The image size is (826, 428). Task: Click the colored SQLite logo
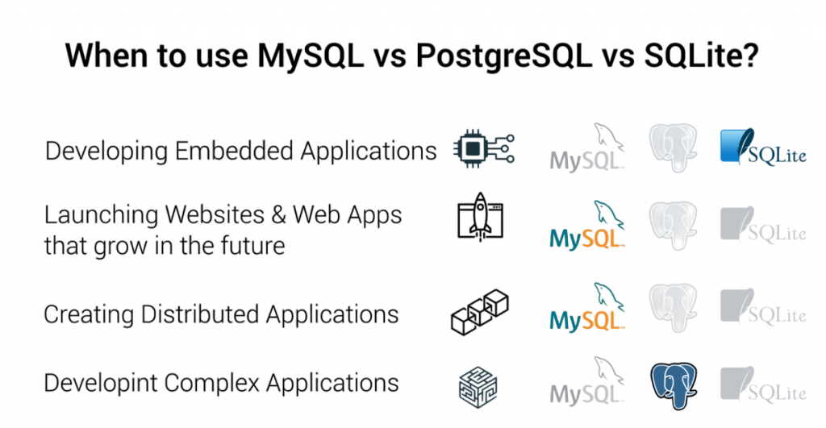point(761,148)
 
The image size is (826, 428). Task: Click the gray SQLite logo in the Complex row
point(761,384)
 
